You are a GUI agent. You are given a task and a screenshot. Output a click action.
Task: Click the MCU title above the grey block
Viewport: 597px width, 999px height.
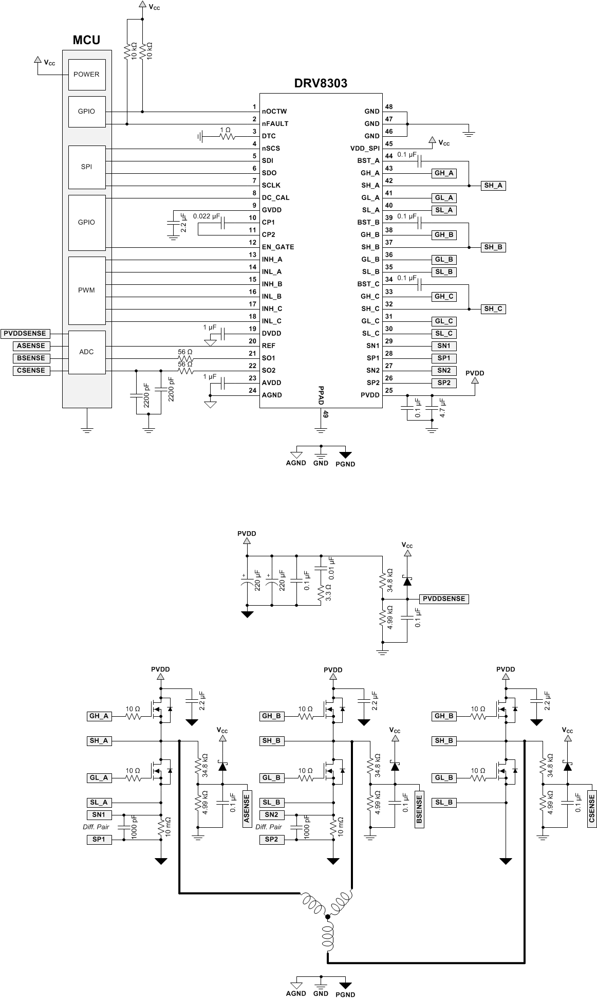coord(86,40)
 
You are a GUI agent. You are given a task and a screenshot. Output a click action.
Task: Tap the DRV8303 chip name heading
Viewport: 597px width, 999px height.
coord(321,83)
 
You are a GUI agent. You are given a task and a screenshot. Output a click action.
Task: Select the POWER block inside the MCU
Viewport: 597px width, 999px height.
coord(86,74)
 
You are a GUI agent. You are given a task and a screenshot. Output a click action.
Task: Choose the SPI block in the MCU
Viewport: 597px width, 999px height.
coord(86,167)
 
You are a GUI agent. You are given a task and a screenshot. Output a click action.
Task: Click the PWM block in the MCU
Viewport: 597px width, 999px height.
coord(86,290)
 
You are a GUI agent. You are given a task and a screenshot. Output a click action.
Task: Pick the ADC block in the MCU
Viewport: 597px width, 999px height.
coord(86,352)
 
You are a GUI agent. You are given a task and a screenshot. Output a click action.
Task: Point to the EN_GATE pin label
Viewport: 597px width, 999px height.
coord(278,247)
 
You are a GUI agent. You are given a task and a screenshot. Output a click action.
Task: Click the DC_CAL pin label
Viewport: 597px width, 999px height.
coord(275,197)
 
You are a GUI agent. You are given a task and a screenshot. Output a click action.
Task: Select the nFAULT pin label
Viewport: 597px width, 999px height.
coord(275,123)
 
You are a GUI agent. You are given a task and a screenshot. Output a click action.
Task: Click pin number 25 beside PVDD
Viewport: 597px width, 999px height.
coord(389,390)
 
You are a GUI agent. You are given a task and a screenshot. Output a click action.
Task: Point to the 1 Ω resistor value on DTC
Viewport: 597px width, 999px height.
coord(226,130)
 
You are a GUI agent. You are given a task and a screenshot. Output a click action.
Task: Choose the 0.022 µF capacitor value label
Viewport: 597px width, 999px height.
coord(207,216)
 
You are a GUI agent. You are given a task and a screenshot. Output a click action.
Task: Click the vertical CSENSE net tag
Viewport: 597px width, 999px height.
coord(592,809)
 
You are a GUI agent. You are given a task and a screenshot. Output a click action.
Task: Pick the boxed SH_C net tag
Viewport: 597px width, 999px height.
coord(493,309)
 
